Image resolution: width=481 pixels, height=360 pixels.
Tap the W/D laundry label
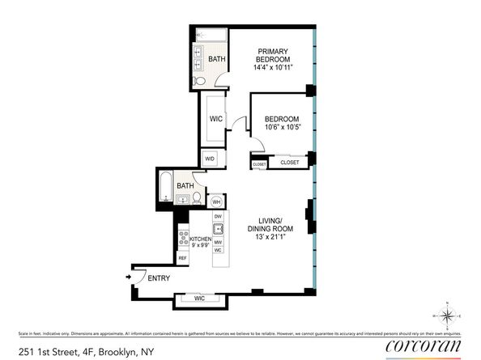(210, 159)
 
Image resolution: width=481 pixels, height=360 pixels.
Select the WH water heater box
(216, 201)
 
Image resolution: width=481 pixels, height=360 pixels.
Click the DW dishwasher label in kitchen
(218, 217)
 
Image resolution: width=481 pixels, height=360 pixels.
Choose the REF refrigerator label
(183, 258)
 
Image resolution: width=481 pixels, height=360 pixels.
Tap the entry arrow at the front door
(128, 277)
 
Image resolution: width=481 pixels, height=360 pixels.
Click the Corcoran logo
(422, 346)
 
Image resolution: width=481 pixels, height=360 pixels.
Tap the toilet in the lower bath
(197, 197)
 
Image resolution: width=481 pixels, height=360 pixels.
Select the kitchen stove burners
(183, 238)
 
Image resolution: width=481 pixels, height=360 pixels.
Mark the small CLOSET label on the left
(259, 164)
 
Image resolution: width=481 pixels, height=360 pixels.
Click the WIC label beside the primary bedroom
(216, 119)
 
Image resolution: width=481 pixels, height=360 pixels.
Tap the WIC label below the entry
(200, 299)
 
